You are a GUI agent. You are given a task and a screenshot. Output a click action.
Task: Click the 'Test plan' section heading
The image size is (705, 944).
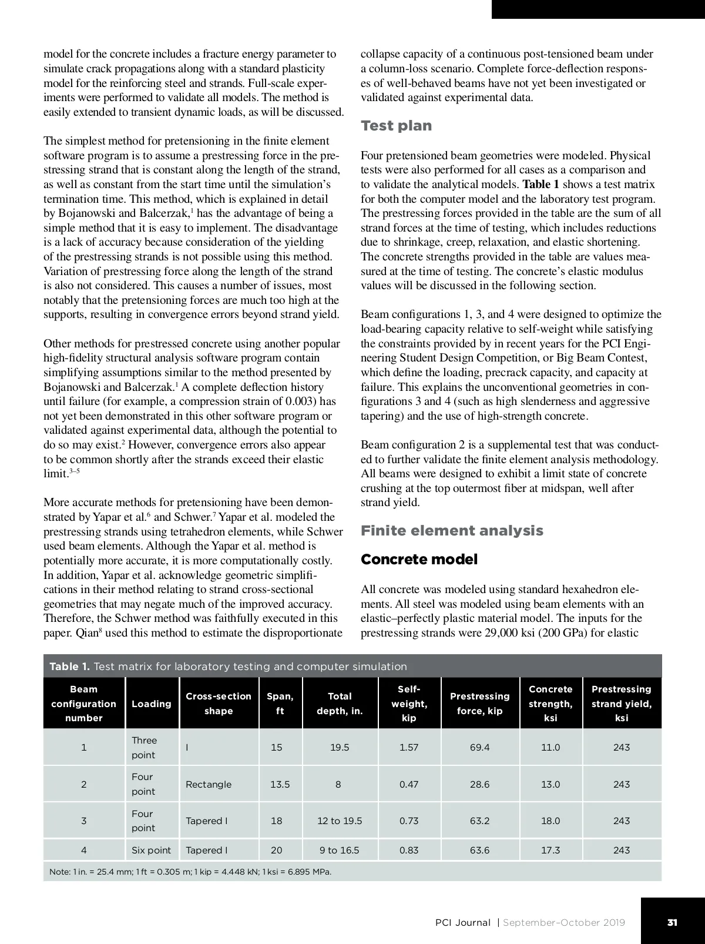pos(396,126)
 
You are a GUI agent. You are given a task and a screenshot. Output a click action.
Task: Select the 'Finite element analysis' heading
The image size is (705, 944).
pos(452,531)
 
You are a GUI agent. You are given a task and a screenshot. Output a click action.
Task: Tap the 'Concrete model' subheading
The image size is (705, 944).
pos(419,559)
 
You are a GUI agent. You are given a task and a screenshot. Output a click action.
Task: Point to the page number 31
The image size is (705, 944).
pos(672,922)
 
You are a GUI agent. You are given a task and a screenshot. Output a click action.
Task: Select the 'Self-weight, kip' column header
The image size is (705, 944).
pos(409,703)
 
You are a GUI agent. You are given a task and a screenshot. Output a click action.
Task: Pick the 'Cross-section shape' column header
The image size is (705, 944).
pos(219,703)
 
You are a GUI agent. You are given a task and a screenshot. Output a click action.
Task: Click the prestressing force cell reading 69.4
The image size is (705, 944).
pos(479,747)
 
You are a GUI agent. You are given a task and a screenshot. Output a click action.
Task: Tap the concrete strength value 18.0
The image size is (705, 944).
pos(550,821)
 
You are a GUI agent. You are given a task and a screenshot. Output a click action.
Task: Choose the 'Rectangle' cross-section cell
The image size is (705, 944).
pos(209,784)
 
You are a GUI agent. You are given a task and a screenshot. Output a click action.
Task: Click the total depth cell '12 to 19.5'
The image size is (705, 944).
pos(340,821)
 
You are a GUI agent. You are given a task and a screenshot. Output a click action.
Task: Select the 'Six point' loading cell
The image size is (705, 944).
pos(151,850)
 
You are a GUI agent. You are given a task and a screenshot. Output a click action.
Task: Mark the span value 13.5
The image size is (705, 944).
pos(280,784)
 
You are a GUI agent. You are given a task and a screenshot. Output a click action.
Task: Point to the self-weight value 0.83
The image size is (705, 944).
pos(409,850)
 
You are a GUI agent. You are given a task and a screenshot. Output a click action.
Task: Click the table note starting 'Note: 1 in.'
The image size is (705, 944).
pos(190,871)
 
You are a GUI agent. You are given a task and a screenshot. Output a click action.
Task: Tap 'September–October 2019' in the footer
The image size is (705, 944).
pos(564,922)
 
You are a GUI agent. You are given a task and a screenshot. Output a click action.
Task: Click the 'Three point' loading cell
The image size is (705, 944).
pos(144,747)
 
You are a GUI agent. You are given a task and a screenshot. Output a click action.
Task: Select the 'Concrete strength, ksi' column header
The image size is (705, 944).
pos(550,703)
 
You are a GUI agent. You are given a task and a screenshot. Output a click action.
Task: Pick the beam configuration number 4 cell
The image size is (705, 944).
pos(84,850)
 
